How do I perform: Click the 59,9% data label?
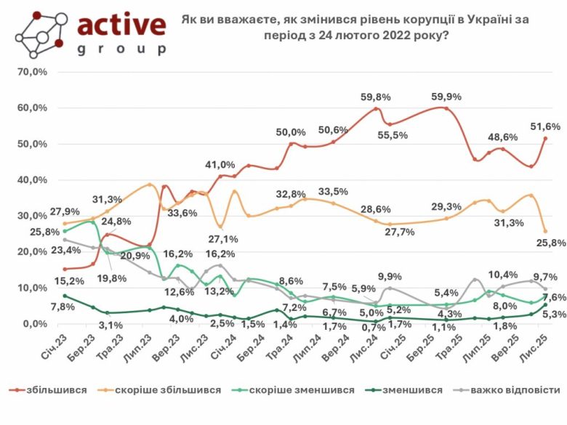click(x=447, y=97)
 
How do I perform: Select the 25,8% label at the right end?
click(x=547, y=242)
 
